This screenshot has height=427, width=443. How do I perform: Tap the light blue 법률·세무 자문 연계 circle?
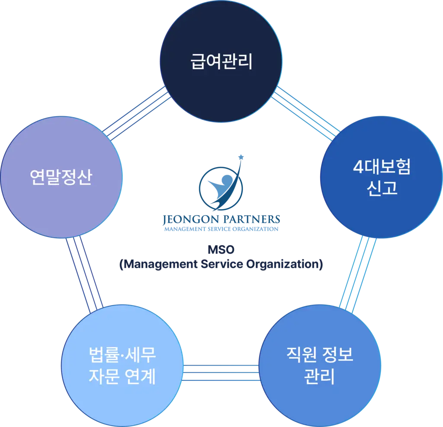[122, 366]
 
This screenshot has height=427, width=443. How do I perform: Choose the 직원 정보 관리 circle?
[320, 366]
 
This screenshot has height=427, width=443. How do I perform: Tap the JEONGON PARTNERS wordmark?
[221, 219]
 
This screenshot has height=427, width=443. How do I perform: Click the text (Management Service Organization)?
[221, 264]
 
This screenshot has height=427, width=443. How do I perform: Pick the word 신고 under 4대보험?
[382, 188]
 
